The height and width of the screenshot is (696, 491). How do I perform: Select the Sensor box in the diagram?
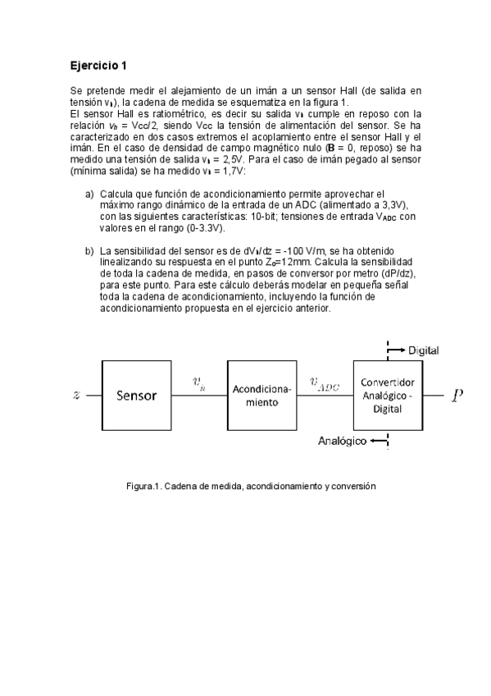pos(136,395)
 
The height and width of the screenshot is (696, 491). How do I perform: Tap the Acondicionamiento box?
pos(262,396)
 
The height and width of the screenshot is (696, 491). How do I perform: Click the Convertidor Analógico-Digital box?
pos(388,396)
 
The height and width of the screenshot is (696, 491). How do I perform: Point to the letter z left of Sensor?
pos(77,395)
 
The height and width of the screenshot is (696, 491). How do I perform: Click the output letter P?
pos(457,396)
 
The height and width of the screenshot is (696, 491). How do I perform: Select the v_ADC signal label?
pos(325,384)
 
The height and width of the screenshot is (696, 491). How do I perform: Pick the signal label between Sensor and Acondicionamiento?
pos(198,382)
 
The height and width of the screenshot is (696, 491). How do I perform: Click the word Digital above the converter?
pos(423,350)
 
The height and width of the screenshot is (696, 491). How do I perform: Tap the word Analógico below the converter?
pos(343,442)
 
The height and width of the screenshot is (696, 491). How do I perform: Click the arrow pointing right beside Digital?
pos(397,350)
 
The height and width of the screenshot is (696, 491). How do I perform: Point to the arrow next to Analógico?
pos(379,442)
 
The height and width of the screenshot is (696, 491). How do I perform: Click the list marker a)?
pos(89,193)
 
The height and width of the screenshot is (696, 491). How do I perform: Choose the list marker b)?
pos(89,250)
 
